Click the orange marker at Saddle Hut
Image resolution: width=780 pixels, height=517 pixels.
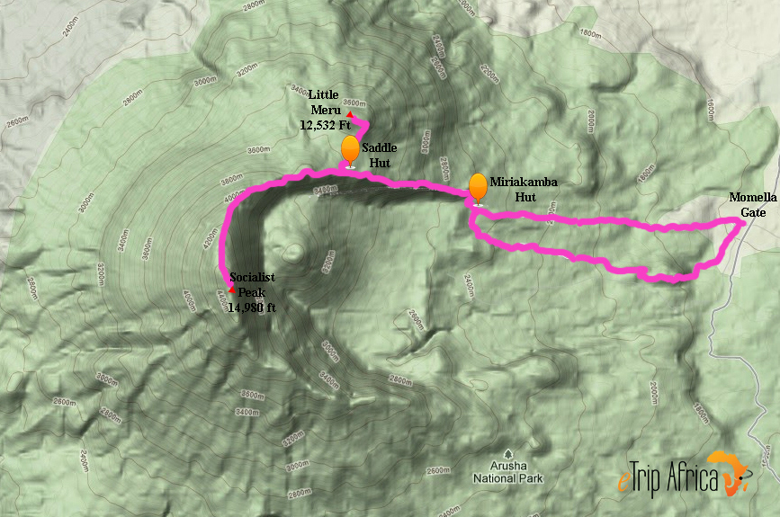tap(350, 150)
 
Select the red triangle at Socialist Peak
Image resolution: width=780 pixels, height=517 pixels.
tap(232, 290)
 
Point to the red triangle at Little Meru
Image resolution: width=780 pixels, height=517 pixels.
tap(350, 114)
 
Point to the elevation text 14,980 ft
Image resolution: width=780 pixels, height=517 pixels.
tap(252, 308)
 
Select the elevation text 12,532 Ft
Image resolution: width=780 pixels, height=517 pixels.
tap(325, 126)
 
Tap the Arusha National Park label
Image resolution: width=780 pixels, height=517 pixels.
tap(508, 473)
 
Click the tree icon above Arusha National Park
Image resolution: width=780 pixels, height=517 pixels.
tap(508, 454)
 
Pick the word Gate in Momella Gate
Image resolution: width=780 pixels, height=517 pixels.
tap(754, 213)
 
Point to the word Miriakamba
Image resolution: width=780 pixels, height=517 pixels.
tap(524, 182)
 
